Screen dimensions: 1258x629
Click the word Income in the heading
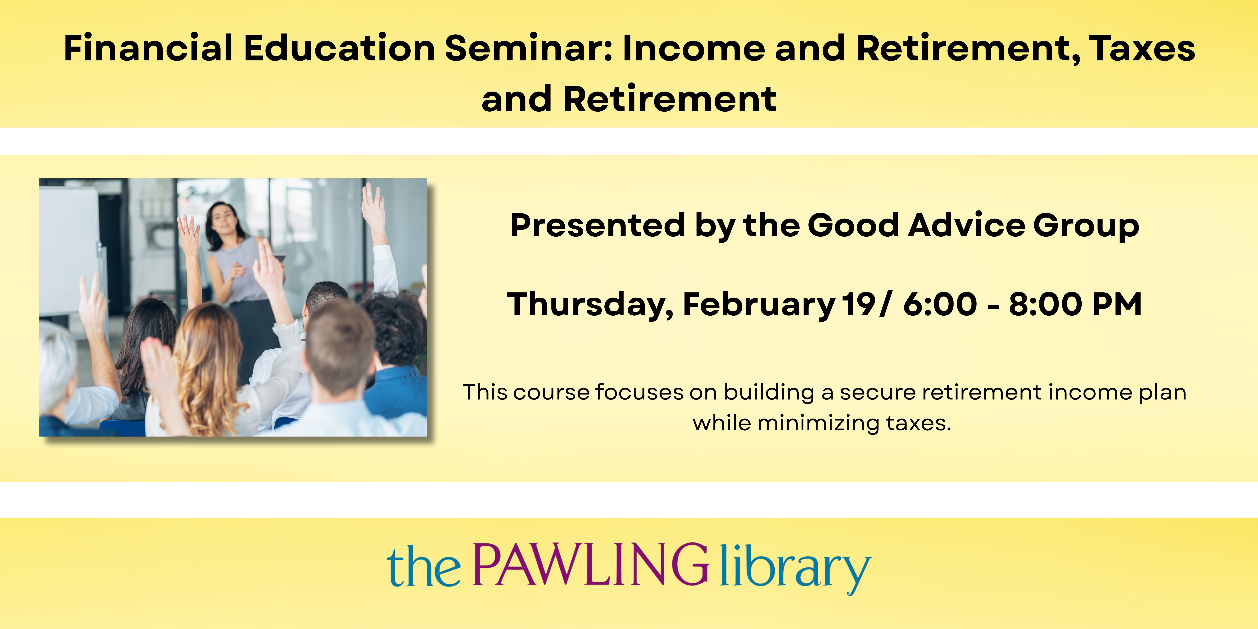click(x=693, y=48)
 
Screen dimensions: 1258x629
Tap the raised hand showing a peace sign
click(x=92, y=298)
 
